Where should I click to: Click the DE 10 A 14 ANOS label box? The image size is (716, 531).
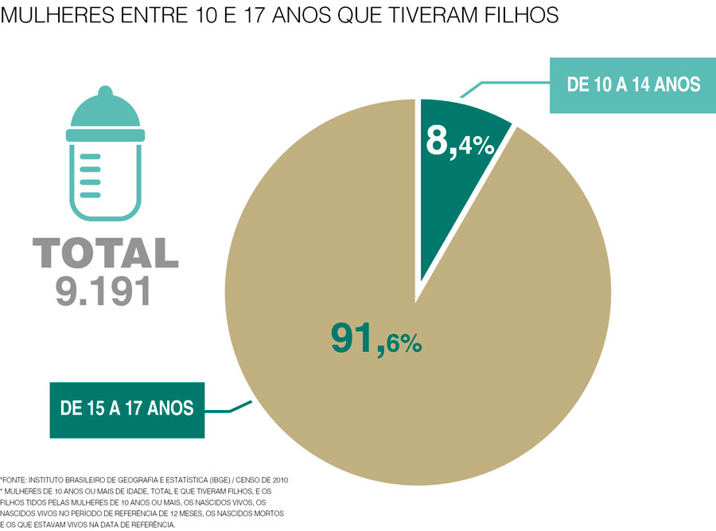point(633,84)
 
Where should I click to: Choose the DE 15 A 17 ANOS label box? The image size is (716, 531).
point(126,409)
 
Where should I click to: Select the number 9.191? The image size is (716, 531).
point(103,292)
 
